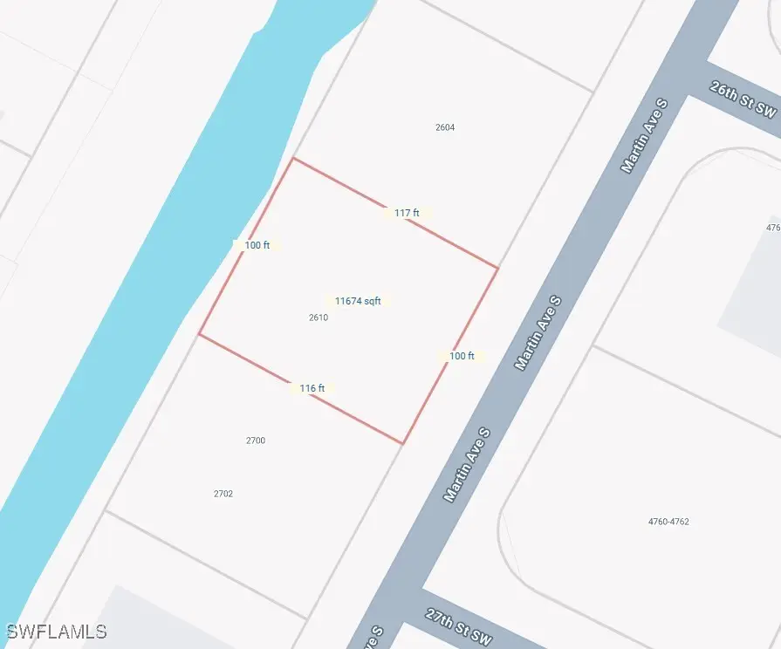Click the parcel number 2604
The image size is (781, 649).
445,127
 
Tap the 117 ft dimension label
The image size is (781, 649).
407,213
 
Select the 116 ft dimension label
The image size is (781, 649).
312,388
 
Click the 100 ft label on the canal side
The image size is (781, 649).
257,246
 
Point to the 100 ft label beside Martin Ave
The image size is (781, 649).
462,356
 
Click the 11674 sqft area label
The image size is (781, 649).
358,301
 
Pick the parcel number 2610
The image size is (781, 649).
319,318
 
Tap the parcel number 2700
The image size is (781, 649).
256,441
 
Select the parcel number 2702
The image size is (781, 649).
223,494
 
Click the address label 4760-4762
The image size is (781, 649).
668,522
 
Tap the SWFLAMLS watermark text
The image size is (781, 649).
57,631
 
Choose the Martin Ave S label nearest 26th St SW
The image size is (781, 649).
644,135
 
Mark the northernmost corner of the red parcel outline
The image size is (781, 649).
293,159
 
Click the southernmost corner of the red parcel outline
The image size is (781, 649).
402,443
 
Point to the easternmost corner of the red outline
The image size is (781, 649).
497,268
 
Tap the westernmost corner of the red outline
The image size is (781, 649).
200,334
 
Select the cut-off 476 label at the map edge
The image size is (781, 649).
773,228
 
